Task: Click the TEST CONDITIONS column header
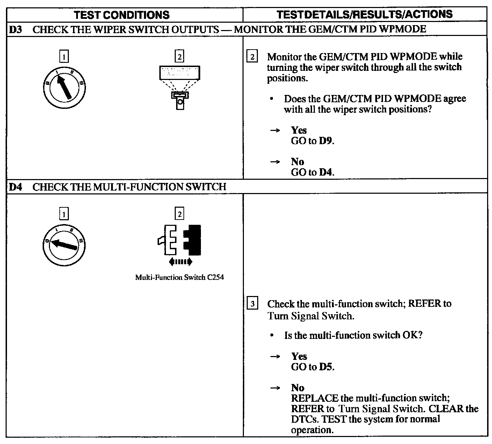[x=122, y=15]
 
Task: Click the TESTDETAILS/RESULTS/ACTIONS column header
[x=364, y=14]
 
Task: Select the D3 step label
[x=15, y=29]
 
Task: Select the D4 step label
[x=15, y=187]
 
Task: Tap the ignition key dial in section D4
[x=63, y=243]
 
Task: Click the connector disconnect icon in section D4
[x=180, y=241]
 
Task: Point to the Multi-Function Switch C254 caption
[x=179, y=277]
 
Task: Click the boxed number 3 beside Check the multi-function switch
[x=252, y=304]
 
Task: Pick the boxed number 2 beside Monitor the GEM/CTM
[x=252, y=57]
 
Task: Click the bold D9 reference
[x=326, y=141]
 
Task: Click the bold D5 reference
[x=326, y=367]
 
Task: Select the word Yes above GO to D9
[x=299, y=130]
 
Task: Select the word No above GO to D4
[x=297, y=162]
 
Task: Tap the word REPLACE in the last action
[x=314, y=398]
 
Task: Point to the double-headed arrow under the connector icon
[x=180, y=261]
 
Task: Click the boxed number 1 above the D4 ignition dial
[x=64, y=214]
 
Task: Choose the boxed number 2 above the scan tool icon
[x=179, y=57]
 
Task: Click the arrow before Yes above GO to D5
[x=275, y=356]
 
